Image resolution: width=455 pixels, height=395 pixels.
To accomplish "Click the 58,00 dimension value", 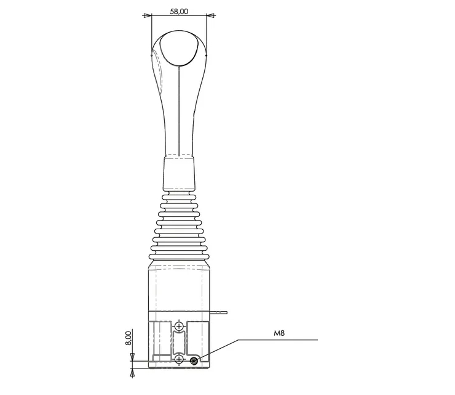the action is [x=179, y=11].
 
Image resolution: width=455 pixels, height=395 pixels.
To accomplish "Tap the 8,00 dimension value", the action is [x=129, y=338].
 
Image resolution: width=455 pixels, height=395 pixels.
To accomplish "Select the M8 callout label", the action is [x=279, y=333].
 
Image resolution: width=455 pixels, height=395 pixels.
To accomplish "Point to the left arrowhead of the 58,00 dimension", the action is [x=148, y=15].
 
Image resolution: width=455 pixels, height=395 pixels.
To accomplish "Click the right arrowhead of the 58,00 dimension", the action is [x=210, y=15].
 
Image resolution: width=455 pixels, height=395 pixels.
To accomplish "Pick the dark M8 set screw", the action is [x=194, y=361].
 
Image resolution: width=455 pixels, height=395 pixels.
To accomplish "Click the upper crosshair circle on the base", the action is [x=180, y=326].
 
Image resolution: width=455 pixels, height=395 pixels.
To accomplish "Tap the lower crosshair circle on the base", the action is [x=180, y=359].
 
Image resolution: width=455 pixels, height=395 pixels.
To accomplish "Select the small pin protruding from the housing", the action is [x=218, y=313].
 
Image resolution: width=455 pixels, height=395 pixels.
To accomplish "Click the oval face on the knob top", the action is [x=179, y=49].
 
